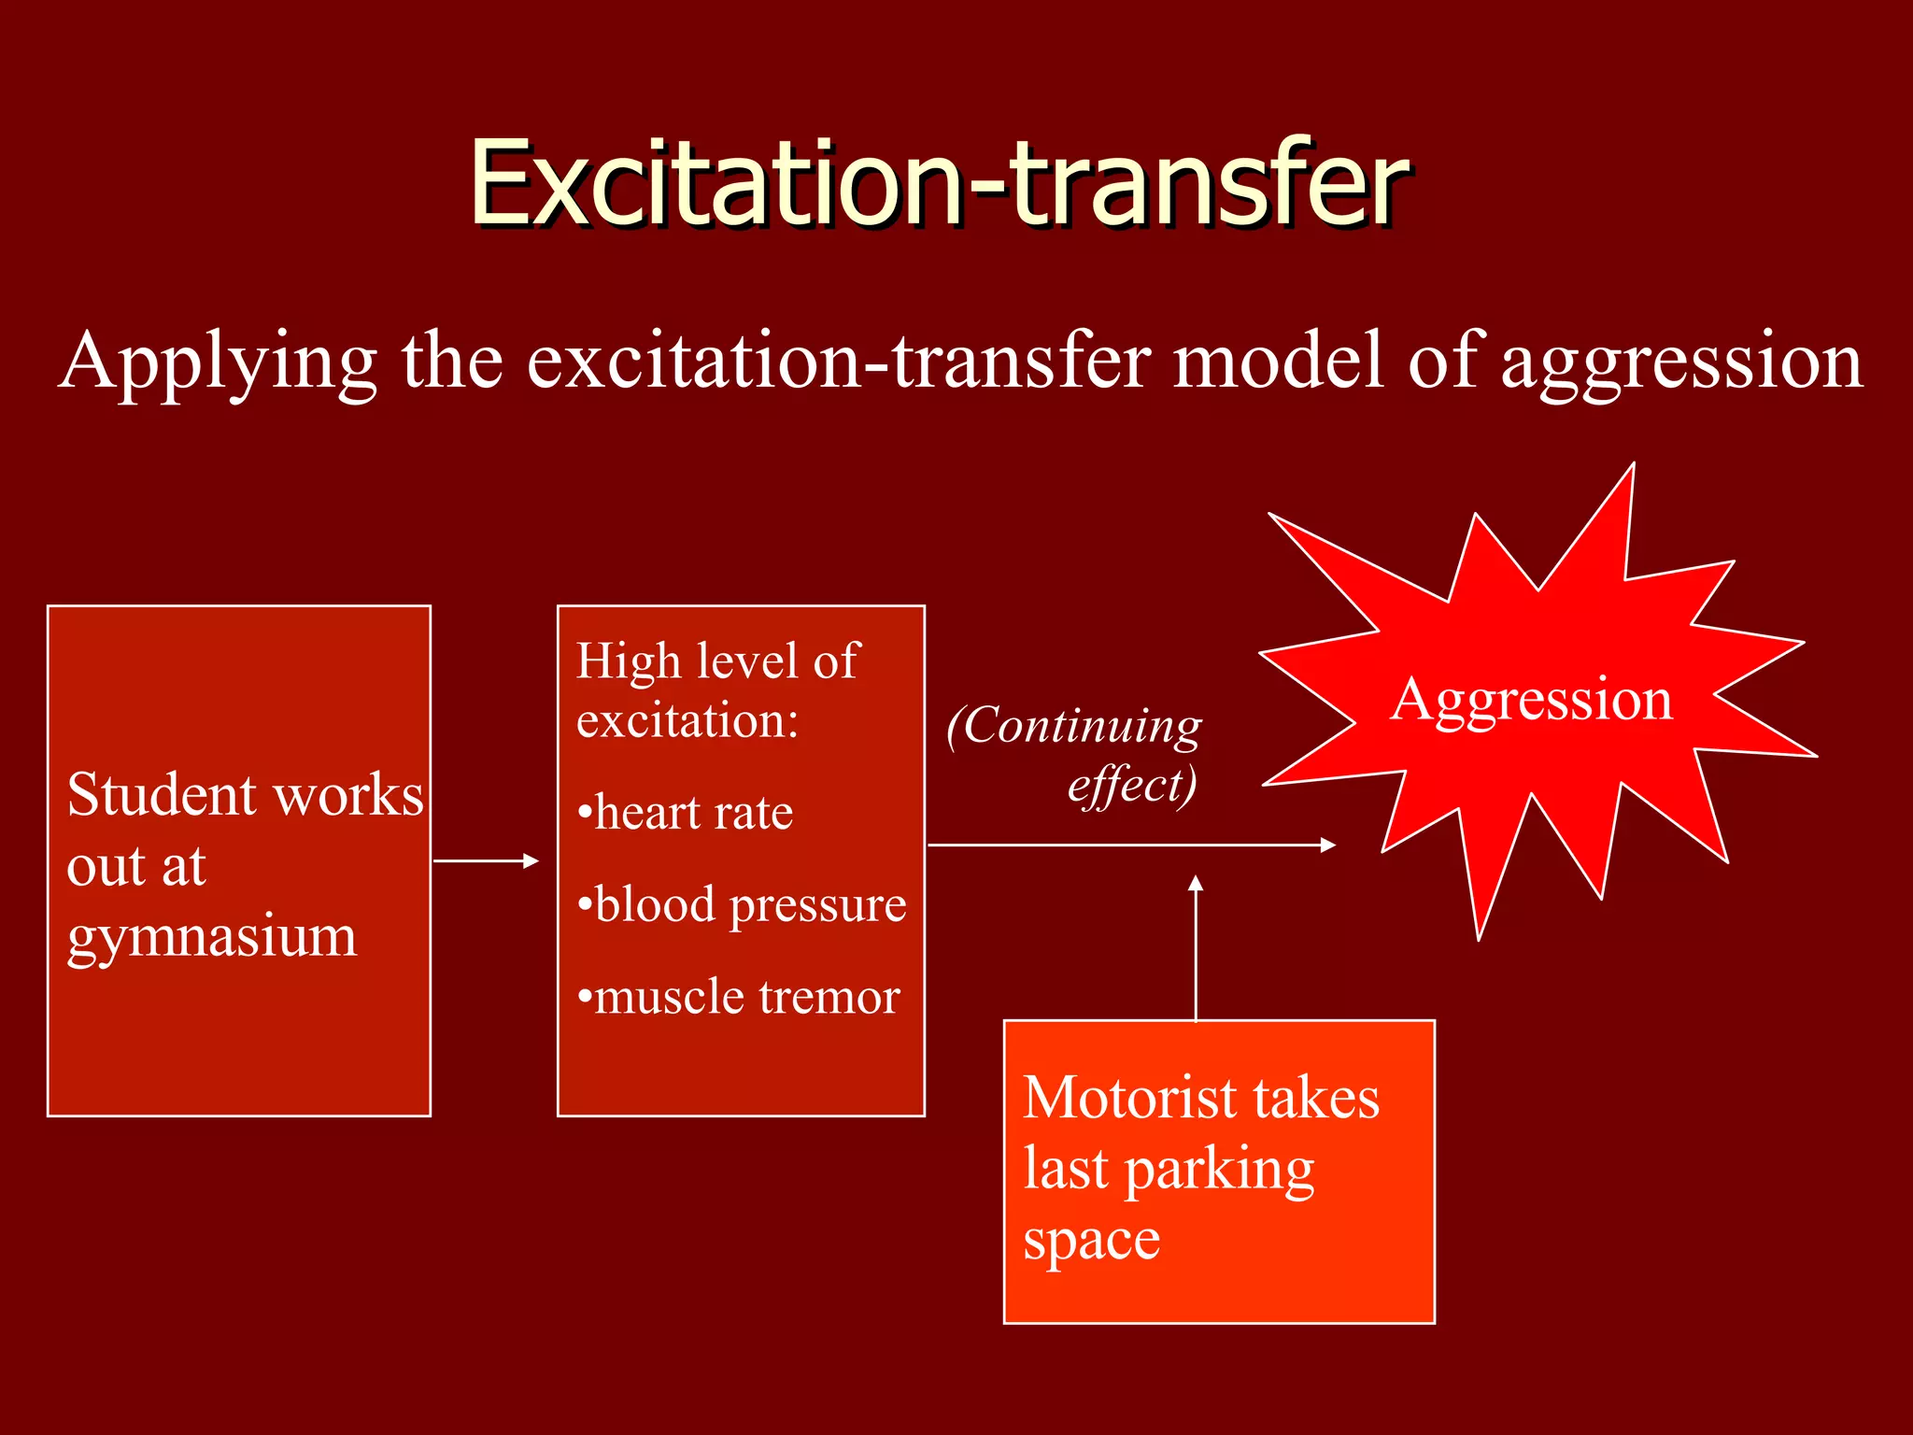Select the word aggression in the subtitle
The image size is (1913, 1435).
(x=1681, y=362)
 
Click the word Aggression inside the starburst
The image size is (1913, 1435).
(x=1531, y=700)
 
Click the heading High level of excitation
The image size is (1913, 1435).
(x=716, y=689)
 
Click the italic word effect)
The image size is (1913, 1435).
(x=1131, y=785)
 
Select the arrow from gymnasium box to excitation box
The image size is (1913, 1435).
(x=486, y=861)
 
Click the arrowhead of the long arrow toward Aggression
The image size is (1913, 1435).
(x=1327, y=845)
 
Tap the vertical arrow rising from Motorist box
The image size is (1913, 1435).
(x=1196, y=948)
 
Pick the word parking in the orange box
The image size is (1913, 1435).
(x=1219, y=1172)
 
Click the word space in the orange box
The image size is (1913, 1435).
(x=1091, y=1242)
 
